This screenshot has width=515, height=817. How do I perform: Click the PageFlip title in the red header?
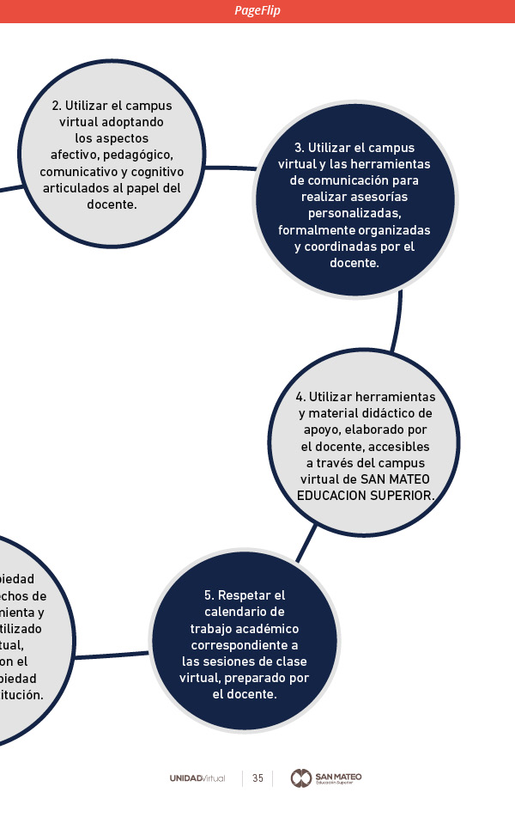(257, 10)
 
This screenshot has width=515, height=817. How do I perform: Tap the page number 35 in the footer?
(257, 778)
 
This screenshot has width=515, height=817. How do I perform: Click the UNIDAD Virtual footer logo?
(197, 778)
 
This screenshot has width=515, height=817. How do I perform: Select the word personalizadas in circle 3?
(354, 214)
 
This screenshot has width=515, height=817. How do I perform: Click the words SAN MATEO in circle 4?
(394, 479)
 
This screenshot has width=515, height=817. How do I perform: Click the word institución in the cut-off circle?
(21, 695)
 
